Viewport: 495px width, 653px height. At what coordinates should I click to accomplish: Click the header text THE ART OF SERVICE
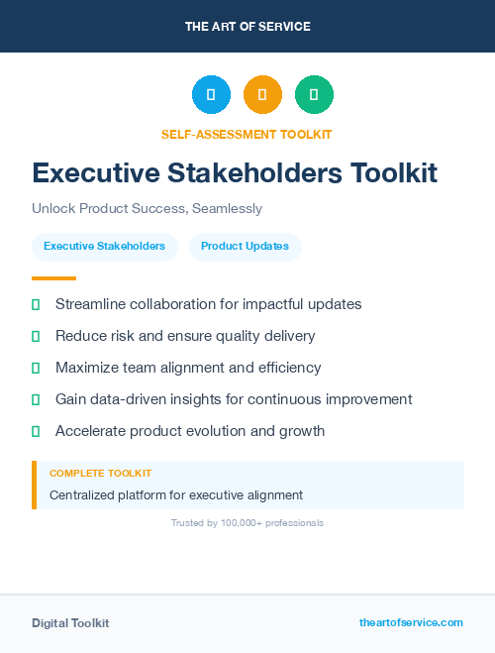[x=247, y=27]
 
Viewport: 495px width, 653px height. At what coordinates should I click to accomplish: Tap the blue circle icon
[x=211, y=95]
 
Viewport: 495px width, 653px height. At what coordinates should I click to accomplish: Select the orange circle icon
[x=262, y=95]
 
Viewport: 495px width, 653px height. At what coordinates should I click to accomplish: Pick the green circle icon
[x=314, y=95]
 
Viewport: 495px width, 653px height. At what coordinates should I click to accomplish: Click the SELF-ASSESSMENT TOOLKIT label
[x=247, y=135]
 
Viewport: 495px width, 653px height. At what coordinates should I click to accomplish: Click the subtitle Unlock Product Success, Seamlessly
[x=147, y=209]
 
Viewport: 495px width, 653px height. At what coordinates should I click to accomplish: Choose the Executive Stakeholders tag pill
[x=104, y=246]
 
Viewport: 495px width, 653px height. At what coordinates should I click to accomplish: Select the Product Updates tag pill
[x=245, y=246]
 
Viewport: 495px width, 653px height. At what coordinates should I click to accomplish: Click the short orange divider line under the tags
[x=53, y=278]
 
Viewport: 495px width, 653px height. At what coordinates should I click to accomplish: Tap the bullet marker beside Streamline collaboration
[x=36, y=304]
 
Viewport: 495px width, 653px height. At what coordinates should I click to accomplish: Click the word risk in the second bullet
[x=124, y=336]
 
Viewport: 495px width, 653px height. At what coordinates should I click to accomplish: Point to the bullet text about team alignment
[x=188, y=368]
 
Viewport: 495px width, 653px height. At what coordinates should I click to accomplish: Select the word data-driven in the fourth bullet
[x=134, y=399]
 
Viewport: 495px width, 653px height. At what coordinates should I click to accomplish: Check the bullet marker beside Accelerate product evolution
[x=36, y=431]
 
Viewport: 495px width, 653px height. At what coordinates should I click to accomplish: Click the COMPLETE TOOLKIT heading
[x=100, y=474]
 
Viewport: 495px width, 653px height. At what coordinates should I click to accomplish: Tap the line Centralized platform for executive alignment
[x=176, y=494]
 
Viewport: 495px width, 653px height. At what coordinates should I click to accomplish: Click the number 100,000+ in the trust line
[x=244, y=522]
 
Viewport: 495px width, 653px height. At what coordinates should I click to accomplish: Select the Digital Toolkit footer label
[x=70, y=623]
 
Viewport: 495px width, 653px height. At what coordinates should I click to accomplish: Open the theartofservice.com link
[x=411, y=622]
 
